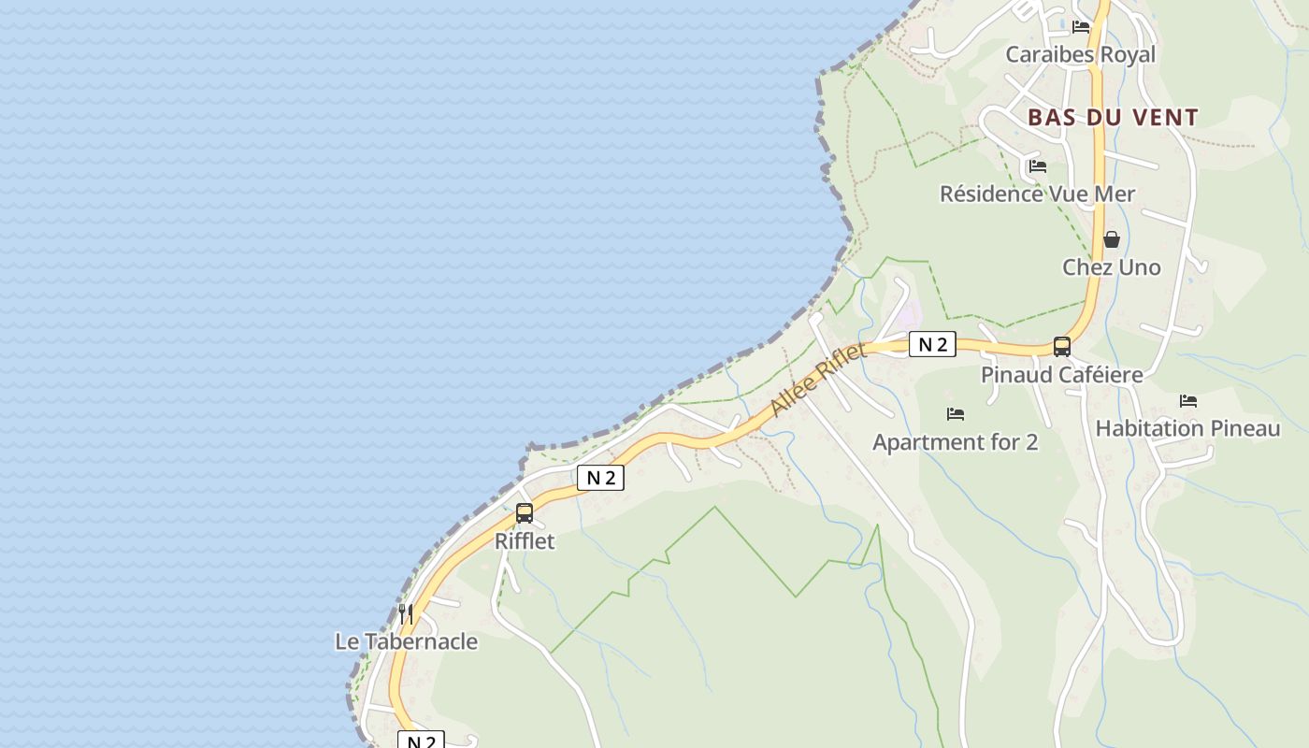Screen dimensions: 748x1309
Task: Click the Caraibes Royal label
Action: [x=1080, y=54]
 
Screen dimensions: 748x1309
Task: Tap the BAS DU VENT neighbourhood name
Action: [x=1113, y=118]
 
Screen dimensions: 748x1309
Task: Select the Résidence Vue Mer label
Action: [x=1037, y=194]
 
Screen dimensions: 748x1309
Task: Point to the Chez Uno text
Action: [x=1111, y=267]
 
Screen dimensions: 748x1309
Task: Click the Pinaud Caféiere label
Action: [x=1061, y=375]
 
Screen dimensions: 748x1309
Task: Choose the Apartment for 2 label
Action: [x=955, y=442]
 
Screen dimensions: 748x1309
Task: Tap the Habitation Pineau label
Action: [x=1187, y=428]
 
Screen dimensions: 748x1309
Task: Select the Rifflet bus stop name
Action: [x=524, y=540]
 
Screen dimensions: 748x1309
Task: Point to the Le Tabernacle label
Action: [x=406, y=641]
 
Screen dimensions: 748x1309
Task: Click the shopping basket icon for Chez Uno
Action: [x=1111, y=239]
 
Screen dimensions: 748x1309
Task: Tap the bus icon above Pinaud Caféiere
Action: [x=1062, y=347]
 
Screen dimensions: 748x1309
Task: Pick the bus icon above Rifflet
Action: [x=525, y=512]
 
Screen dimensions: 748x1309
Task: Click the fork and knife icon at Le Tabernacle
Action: [x=406, y=613]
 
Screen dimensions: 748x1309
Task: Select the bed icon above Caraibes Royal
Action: [x=1081, y=26]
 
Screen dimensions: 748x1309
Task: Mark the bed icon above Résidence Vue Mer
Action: [x=1037, y=166]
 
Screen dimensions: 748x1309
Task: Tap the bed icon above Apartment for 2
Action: [x=955, y=413]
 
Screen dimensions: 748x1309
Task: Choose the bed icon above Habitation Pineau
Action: [x=1187, y=400]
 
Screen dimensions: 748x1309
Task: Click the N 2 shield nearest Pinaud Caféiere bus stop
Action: [x=932, y=344]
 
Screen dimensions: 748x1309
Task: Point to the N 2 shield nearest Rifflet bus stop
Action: [x=599, y=478]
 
